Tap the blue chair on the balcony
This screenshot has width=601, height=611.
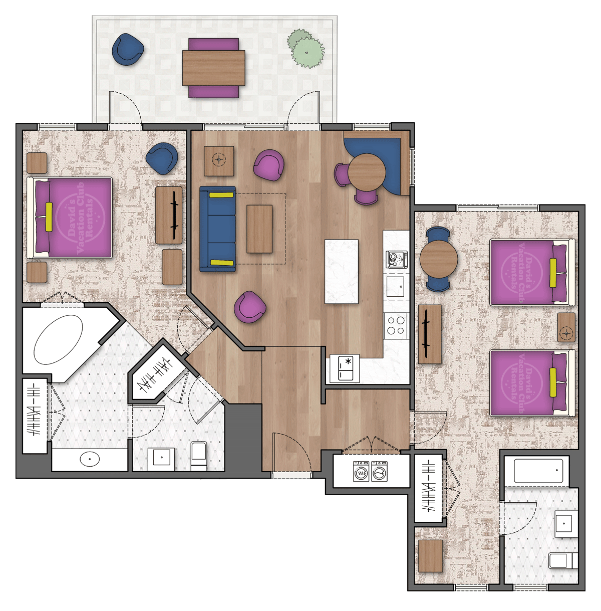click(128, 49)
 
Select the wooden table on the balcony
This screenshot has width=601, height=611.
click(214, 68)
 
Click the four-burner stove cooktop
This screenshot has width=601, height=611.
click(396, 325)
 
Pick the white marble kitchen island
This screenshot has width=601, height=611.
click(342, 271)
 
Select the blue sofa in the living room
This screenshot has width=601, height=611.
click(218, 229)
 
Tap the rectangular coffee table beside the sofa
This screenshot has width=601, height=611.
click(259, 229)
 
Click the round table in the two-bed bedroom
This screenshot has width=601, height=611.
click(438, 259)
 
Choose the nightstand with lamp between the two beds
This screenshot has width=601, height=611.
click(566, 327)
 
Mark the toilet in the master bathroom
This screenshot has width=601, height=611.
click(199, 455)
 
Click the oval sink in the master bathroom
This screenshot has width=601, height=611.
click(90, 458)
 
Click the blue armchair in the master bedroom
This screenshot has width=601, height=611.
click(162, 158)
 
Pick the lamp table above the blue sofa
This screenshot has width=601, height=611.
click(219, 161)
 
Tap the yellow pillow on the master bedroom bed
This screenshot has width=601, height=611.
click(49, 217)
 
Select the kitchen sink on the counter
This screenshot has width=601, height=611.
click(395, 286)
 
